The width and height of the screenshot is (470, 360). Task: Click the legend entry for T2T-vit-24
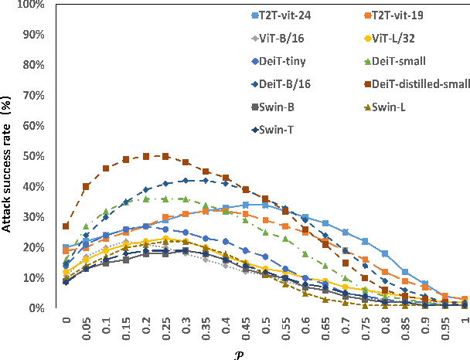(x=291, y=15)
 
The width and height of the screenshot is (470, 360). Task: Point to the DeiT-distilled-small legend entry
(x=418, y=83)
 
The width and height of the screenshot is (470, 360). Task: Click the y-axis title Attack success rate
(x=10, y=158)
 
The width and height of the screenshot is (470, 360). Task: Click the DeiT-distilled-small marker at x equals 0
(x=66, y=226)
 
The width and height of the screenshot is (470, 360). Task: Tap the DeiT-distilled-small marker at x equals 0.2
(x=145, y=156)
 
